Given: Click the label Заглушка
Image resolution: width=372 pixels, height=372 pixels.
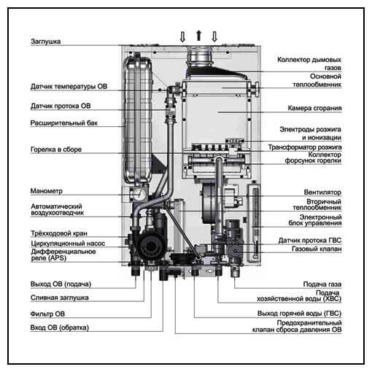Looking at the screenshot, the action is [x=45, y=42].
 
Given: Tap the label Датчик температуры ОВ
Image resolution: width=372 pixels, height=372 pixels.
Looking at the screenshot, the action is [x=69, y=86].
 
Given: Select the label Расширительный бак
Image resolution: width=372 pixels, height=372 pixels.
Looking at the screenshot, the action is [x=64, y=123].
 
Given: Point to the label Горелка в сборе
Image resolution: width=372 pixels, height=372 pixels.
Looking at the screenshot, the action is [x=56, y=150].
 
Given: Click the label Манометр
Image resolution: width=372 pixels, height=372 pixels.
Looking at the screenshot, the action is [x=47, y=191].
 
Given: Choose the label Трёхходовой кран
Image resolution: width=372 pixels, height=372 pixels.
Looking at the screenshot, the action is [x=59, y=233].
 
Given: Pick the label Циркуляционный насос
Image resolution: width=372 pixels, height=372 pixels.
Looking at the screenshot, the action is [x=68, y=243].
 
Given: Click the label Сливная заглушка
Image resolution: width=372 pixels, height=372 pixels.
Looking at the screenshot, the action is [x=60, y=298].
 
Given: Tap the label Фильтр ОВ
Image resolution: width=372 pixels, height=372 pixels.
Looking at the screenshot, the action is [x=47, y=314].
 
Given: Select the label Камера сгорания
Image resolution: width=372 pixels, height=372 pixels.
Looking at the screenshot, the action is [x=314, y=108].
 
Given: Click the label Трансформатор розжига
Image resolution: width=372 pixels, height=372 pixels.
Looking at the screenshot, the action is [x=305, y=147].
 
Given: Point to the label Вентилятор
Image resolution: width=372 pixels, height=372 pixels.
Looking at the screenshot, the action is [x=322, y=192].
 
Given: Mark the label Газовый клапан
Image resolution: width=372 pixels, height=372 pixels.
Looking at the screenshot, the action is [x=317, y=249].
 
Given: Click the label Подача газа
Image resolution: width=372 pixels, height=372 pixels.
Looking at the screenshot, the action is [x=322, y=284].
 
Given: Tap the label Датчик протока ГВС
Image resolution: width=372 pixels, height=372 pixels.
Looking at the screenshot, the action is [x=310, y=241].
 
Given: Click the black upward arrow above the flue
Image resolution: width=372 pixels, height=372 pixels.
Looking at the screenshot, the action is [x=199, y=36].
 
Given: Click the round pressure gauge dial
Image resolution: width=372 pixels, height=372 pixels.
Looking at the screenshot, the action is [x=139, y=194].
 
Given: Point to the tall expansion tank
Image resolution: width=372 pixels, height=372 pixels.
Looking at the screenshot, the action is [x=138, y=119].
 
